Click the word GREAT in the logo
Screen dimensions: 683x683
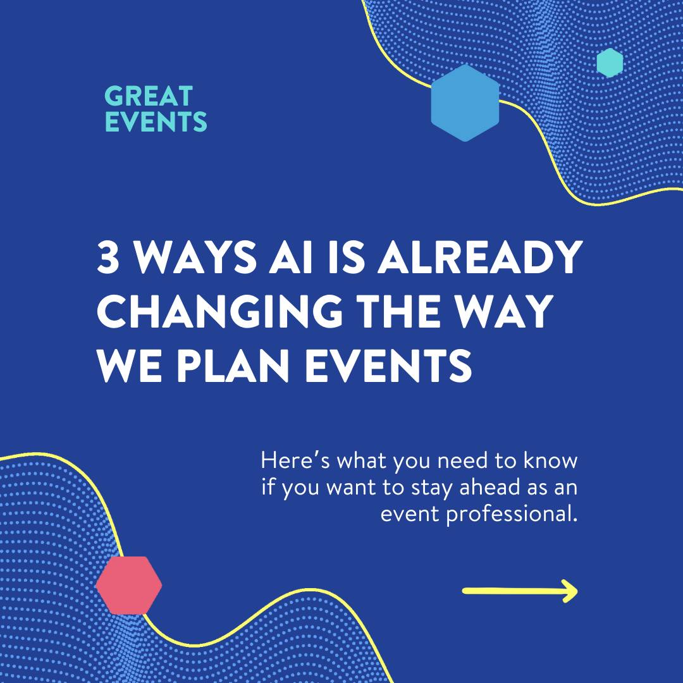[149, 96]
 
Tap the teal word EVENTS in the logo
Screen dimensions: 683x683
[156, 121]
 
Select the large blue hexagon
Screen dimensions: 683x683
[465, 103]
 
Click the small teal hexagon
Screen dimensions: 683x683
[610, 63]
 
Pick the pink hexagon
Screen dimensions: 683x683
[129, 585]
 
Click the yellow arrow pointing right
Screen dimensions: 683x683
[520, 591]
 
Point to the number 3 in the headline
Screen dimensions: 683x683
[108, 257]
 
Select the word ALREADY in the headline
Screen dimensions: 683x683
[480, 257]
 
